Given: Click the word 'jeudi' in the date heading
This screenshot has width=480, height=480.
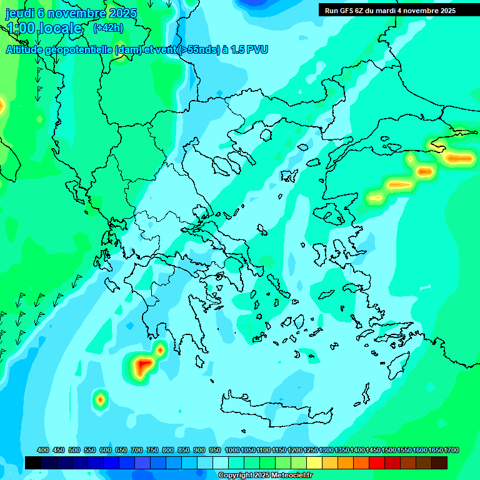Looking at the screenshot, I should pos(20,13).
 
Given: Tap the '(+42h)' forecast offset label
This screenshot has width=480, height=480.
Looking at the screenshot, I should pos(108,27).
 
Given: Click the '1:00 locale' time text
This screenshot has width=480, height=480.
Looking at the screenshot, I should pos(44,28).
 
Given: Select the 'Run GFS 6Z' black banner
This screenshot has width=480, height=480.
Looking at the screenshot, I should pos(390,11).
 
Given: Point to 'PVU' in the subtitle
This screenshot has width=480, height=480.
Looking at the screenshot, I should pos(257,50).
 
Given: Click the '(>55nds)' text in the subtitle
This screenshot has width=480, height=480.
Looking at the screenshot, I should pos(199,50).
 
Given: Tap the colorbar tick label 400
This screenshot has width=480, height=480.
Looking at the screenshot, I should pos(43,450).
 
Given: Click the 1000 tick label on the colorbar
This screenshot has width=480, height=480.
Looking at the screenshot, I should pos(232,450).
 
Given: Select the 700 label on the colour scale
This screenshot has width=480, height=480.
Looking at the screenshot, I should pos(137,450).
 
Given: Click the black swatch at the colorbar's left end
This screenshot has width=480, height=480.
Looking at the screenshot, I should pos(33,462).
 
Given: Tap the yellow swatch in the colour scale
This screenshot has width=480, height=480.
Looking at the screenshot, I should pos(314,462).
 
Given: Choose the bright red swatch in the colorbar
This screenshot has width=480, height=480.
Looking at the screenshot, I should pos(377,462).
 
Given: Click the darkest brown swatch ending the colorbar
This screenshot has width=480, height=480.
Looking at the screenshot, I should pos(439,462).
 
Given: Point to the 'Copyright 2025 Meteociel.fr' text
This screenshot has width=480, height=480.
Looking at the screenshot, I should pos(266,476).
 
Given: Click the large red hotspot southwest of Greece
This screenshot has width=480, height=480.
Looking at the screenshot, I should pos(143,365).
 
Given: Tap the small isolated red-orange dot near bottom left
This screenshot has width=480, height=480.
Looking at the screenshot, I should pos(100,398).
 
